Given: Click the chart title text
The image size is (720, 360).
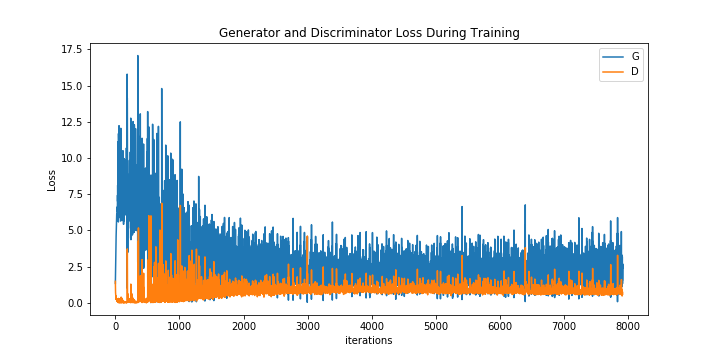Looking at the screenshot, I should (x=369, y=33).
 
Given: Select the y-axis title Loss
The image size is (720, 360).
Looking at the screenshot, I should (x=52, y=180).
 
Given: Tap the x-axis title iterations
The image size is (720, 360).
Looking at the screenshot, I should (x=369, y=340).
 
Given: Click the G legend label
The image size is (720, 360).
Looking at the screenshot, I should (x=635, y=57).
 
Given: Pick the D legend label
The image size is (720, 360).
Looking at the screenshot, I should (x=635, y=72).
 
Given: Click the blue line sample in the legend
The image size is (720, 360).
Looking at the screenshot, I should (x=612, y=57).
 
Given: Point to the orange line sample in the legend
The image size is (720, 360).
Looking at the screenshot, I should (x=612, y=72).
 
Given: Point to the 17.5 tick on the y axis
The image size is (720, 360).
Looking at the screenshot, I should (x=70, y=49).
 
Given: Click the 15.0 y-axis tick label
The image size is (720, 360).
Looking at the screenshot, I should (x=70, y=86).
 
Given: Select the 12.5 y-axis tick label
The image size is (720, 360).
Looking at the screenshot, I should (x=70, y=122).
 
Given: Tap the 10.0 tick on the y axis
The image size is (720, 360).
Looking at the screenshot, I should (x=70, y=158).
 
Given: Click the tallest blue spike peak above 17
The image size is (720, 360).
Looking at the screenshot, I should (x=138, y=56).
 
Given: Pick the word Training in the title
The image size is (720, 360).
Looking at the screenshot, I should (x=494, y=33).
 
